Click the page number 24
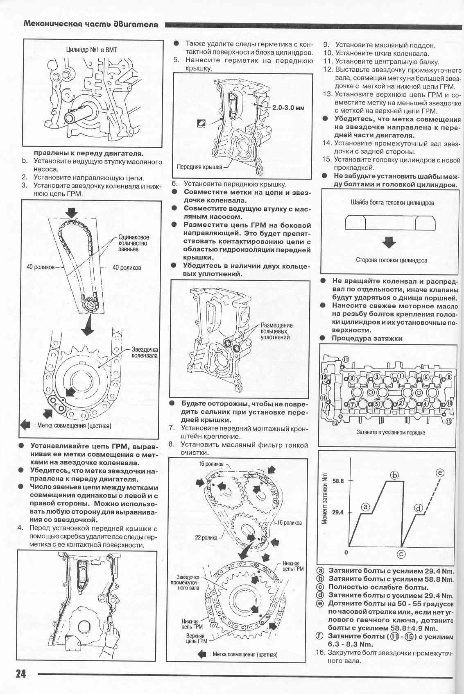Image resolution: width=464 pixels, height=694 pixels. pos(20,673)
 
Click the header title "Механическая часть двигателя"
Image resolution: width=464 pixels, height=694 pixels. pos(91,24)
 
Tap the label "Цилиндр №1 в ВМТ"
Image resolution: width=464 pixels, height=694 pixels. pos(91,50)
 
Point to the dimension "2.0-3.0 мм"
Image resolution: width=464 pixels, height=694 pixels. pos(288,108)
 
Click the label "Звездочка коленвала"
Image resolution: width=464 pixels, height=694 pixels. pos(145,353)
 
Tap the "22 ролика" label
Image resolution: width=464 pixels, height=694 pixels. pos(206,537)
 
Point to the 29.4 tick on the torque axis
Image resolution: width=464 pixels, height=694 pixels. pos(338,512)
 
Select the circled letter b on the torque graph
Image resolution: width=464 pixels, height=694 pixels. pos(394,475)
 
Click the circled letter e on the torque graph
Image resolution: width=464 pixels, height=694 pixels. pos(440,473)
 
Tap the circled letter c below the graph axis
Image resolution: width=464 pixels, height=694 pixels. pos(401,554)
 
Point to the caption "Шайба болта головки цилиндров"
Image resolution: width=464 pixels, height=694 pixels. pos(392,203)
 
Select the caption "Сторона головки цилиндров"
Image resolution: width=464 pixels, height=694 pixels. pos(392,260)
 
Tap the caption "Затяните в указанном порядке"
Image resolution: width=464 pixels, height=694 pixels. pos(391,432)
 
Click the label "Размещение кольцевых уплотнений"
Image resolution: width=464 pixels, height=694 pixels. pos(276,331)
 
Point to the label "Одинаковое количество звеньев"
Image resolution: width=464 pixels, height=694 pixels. pos(134,243)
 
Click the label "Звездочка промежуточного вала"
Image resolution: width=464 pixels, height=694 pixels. pos(188,582)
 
